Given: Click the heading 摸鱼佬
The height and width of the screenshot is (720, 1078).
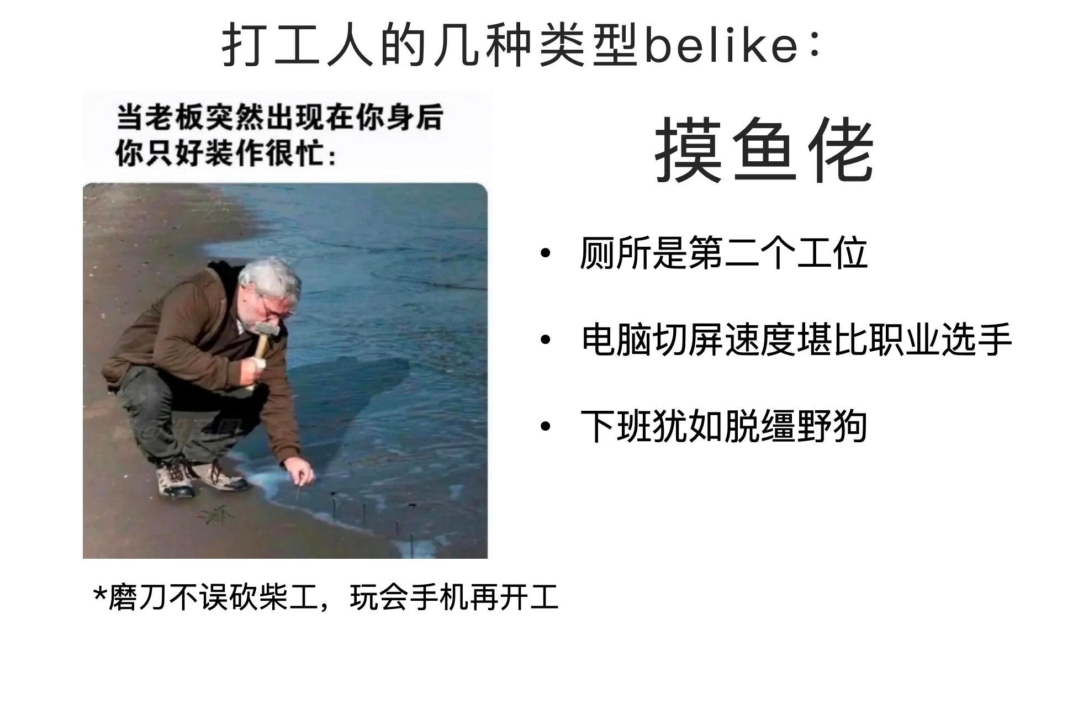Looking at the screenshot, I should (x=764, y=150).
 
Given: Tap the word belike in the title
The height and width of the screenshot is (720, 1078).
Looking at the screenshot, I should (x=721, y=45).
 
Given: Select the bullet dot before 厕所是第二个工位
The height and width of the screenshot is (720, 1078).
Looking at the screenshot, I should (x=546, y=253).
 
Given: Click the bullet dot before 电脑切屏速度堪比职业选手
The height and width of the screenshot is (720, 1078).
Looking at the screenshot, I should (x=546, y=340).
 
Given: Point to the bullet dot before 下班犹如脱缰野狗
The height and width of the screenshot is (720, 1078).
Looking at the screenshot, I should (x=546, y=426).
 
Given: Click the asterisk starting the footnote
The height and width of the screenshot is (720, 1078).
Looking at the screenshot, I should (x=100, y=595).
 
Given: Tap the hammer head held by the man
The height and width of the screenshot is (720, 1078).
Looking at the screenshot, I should (x=267, y=330).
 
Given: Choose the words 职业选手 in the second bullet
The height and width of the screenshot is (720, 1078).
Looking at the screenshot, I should (x=940, y=340).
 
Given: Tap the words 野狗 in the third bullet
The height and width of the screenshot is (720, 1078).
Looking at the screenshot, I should (x=832, y=426).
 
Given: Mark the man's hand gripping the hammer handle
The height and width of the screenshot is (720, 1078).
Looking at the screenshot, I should (x=254, y=370).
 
